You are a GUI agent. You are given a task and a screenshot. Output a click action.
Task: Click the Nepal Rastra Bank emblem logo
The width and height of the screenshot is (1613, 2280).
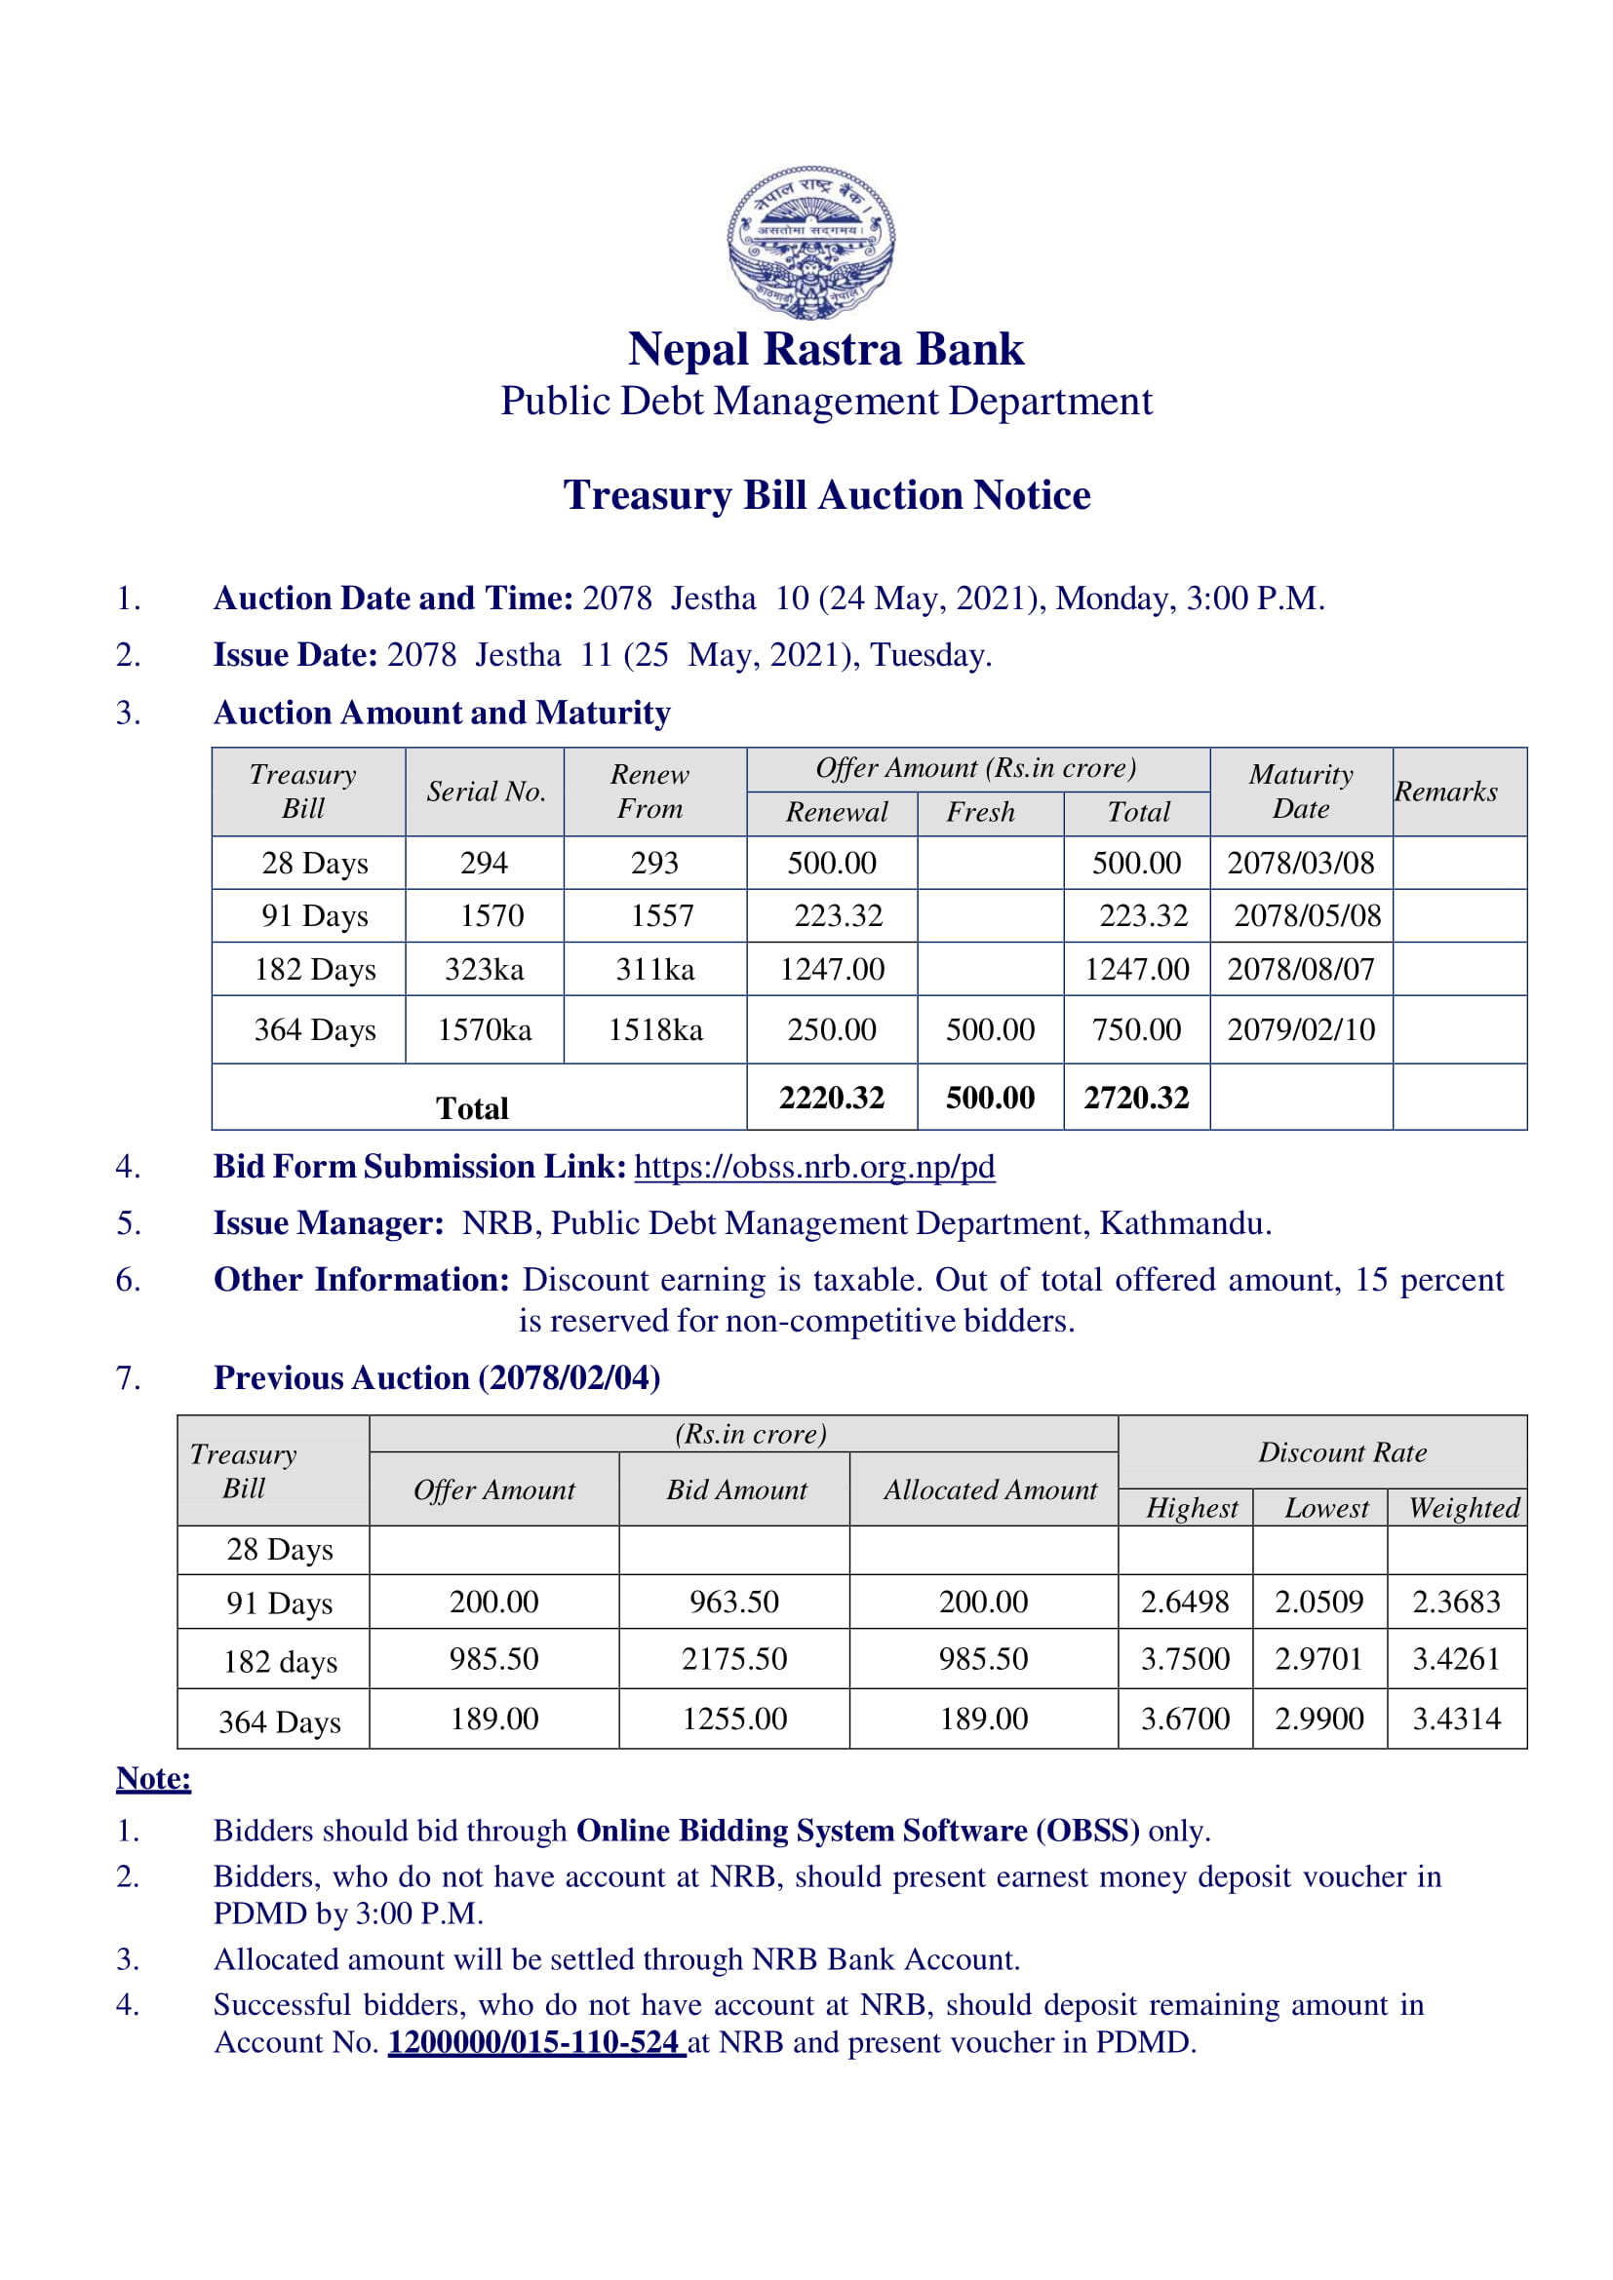coord(810,242)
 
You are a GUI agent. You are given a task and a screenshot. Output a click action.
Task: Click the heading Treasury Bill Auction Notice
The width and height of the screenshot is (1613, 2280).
coord(826,494)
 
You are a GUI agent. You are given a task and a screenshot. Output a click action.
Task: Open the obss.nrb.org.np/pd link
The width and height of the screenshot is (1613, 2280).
coord(814,1166)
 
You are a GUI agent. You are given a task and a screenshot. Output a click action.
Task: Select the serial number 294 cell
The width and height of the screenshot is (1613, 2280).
coord(484,862)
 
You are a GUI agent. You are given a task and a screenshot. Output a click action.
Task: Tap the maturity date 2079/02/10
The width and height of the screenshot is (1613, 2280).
coord(1301,1028)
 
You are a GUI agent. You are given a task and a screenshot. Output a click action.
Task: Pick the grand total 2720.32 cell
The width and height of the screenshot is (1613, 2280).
coord(1136,1098)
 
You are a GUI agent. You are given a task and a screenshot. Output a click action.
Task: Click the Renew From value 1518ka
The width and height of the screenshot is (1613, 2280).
coord(655,1029)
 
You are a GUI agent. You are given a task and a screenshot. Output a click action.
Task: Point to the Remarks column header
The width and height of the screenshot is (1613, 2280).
coord(1445,792)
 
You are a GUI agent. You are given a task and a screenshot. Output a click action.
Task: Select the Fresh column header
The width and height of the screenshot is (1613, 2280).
coord(980,812)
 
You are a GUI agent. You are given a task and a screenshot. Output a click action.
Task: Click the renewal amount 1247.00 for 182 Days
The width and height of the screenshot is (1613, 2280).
coord(831,969)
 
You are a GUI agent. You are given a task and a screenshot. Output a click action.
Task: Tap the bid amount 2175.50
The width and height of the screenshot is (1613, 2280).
coord(734,1658)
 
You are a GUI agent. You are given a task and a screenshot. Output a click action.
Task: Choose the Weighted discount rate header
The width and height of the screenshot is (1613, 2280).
coord(1464,1507)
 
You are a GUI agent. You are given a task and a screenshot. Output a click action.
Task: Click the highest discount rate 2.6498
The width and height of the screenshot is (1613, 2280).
coord(1184,1602)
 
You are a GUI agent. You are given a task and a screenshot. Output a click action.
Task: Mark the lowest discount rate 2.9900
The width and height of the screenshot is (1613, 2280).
coord(1319,1718)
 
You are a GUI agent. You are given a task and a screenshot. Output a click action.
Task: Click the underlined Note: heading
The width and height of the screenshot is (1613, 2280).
coord(153,1778)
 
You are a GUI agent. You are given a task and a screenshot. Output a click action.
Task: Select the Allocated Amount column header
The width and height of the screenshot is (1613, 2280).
coord(990,1489)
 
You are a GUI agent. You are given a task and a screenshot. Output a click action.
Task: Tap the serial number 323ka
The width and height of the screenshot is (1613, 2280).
coord(484,969)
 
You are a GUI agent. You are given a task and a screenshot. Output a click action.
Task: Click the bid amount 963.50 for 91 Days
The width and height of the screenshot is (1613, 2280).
coord(734,1602)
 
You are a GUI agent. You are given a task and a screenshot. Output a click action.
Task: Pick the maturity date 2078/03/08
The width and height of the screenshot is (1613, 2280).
coord(1301,862)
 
